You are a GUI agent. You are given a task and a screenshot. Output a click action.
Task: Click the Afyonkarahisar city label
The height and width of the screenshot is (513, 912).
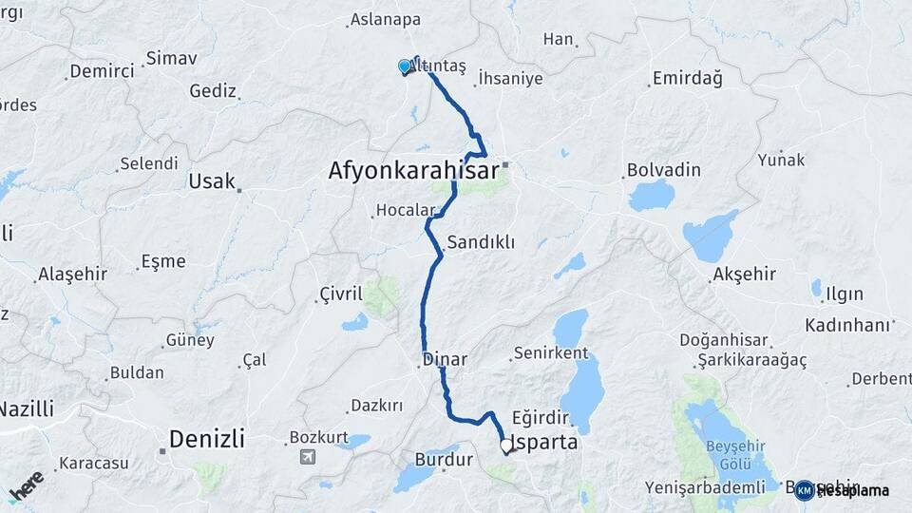(x=413, y=172)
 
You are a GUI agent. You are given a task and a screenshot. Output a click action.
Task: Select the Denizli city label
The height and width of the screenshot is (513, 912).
(x=206, y=439)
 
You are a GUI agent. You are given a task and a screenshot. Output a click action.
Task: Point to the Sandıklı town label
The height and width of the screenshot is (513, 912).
(x=480, y=242)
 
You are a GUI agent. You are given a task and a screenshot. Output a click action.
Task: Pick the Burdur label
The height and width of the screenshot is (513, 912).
(x=444, y=460)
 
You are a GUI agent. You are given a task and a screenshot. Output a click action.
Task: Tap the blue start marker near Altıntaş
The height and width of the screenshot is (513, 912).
(x=405, y=66)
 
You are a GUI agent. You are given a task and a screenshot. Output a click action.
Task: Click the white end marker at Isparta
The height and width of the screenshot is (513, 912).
(x=505, y=444)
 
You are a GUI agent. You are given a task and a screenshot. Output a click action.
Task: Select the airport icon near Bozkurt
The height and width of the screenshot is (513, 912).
(x=307, y=457)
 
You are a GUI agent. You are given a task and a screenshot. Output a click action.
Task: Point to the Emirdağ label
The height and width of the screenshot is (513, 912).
(x=687, y=79)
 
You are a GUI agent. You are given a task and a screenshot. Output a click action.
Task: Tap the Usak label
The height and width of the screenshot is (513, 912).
(x=212, y=181)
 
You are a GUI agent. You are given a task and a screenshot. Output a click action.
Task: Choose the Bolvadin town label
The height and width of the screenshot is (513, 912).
(x=663, y=171)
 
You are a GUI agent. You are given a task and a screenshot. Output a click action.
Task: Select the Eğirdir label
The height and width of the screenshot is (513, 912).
(x=539, y=418)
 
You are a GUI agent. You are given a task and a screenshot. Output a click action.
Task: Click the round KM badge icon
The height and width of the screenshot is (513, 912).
(x=804, y=490)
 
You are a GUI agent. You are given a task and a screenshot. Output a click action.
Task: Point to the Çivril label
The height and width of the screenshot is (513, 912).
(x=342, y=294)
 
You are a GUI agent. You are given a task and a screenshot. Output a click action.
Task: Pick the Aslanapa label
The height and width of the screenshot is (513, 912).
(x=385, y=19)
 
